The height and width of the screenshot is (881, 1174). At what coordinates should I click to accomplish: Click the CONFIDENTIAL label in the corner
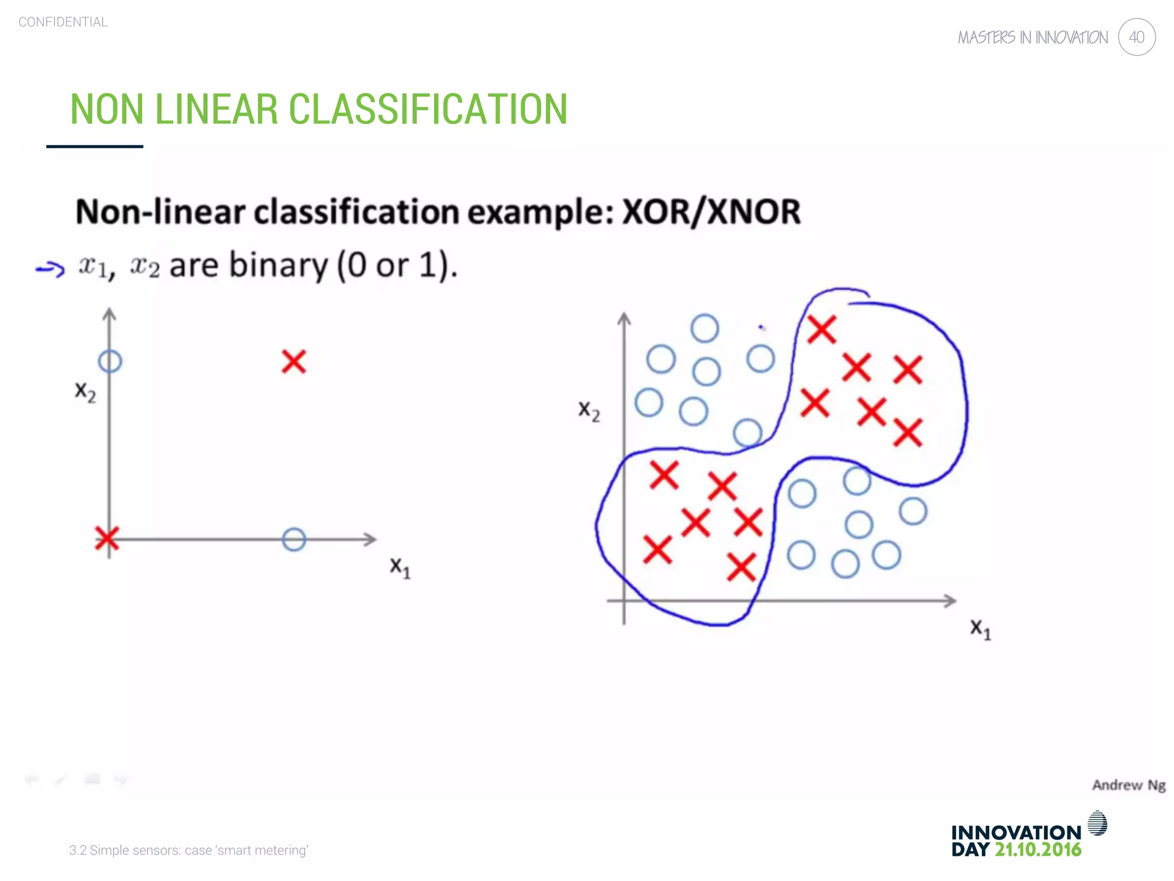pos(63,22)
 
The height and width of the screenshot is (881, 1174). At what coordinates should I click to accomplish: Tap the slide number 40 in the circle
pos(1136,37)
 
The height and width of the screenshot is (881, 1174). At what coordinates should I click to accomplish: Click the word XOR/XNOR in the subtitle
pos(711,212)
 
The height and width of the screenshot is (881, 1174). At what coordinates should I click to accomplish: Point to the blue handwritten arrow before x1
pos(50,268)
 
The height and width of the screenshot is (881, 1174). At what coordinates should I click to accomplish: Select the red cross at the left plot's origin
pos(107,539)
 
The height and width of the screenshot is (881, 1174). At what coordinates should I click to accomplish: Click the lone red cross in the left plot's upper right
pos(294,362)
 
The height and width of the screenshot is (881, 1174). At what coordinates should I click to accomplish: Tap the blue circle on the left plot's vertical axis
pos(110,361)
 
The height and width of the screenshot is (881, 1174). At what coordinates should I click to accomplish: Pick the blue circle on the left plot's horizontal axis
pos(294,540)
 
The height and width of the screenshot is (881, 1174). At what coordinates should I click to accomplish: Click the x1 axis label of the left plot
pos(400,567)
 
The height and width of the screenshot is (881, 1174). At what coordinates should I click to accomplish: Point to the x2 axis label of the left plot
pos(85,392)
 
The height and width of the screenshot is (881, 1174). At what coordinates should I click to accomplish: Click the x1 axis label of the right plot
pos(980,629)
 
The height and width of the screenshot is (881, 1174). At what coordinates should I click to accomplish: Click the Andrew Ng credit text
pos(1128,785)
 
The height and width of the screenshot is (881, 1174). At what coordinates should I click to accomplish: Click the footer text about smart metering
pos(189,850)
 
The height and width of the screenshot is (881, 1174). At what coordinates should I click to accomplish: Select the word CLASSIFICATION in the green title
pos(428,109)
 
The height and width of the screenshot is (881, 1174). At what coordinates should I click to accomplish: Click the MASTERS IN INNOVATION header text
pos(1033,38)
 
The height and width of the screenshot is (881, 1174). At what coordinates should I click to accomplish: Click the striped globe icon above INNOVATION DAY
pos(1097,823)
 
